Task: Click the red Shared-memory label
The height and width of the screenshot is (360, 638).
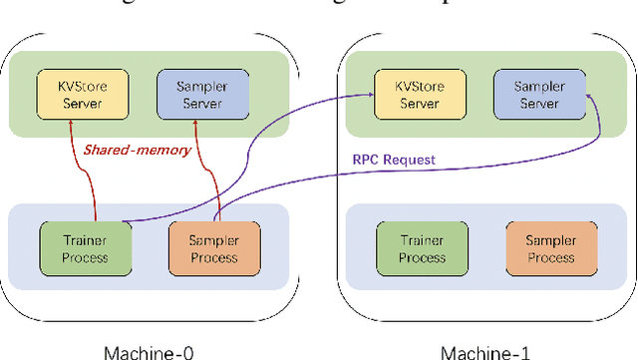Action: (124, 151)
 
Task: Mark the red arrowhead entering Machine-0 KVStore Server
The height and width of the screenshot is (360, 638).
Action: (71, 124)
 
